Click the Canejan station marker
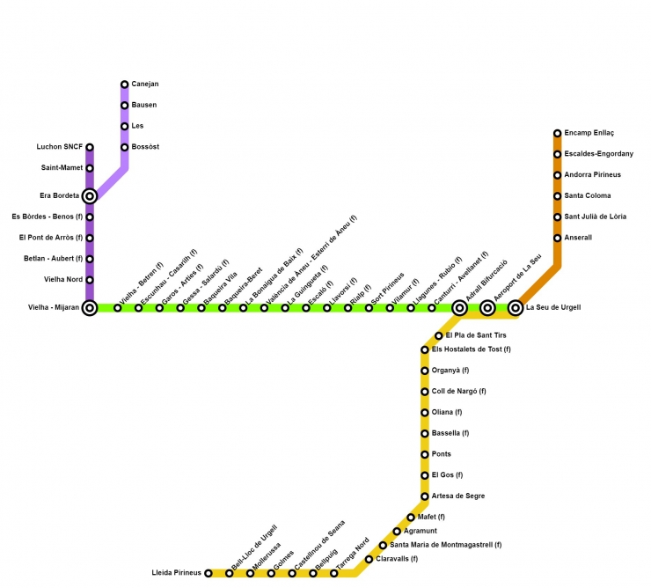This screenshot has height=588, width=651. pyautogui.click(x=125, y=85)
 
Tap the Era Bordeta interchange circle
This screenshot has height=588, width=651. pyautogui.click(x=90, y=195)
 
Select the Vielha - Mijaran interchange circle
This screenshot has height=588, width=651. pyautogui.click(x=90, y=308)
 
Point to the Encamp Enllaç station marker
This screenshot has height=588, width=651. pyautogui.click(x=558, y=134)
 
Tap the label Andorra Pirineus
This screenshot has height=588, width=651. pyautogui.click(x=592, y=175)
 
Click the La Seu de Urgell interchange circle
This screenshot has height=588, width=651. pyautogui.click(x=516, y=308)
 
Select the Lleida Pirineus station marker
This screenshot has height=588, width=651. pyautogui.click(x=208, y=573)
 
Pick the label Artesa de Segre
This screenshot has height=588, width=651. pyautogui.click(x=458, y=496)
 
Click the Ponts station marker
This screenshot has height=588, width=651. pyautogui.click(x=425, y=454)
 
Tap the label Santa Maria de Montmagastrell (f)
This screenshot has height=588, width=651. pyautogui.click(x=445, y=545)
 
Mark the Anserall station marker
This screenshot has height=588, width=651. pyautogui.click(x=558, y=238)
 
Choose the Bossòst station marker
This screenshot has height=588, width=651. pyautogui.click(x=125, y=147)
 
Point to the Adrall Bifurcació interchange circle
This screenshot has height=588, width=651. pyautogui.click(x=459, y=308)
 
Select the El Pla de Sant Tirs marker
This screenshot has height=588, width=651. pyautogui.click(x=439, y=336)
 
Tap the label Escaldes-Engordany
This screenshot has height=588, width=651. pyautogui.click(x=598, y=154)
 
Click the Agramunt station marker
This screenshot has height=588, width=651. pyautogui.click(x=397, y=532)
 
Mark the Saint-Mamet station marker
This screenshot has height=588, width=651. pyautogui.click(x=90, y=168)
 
